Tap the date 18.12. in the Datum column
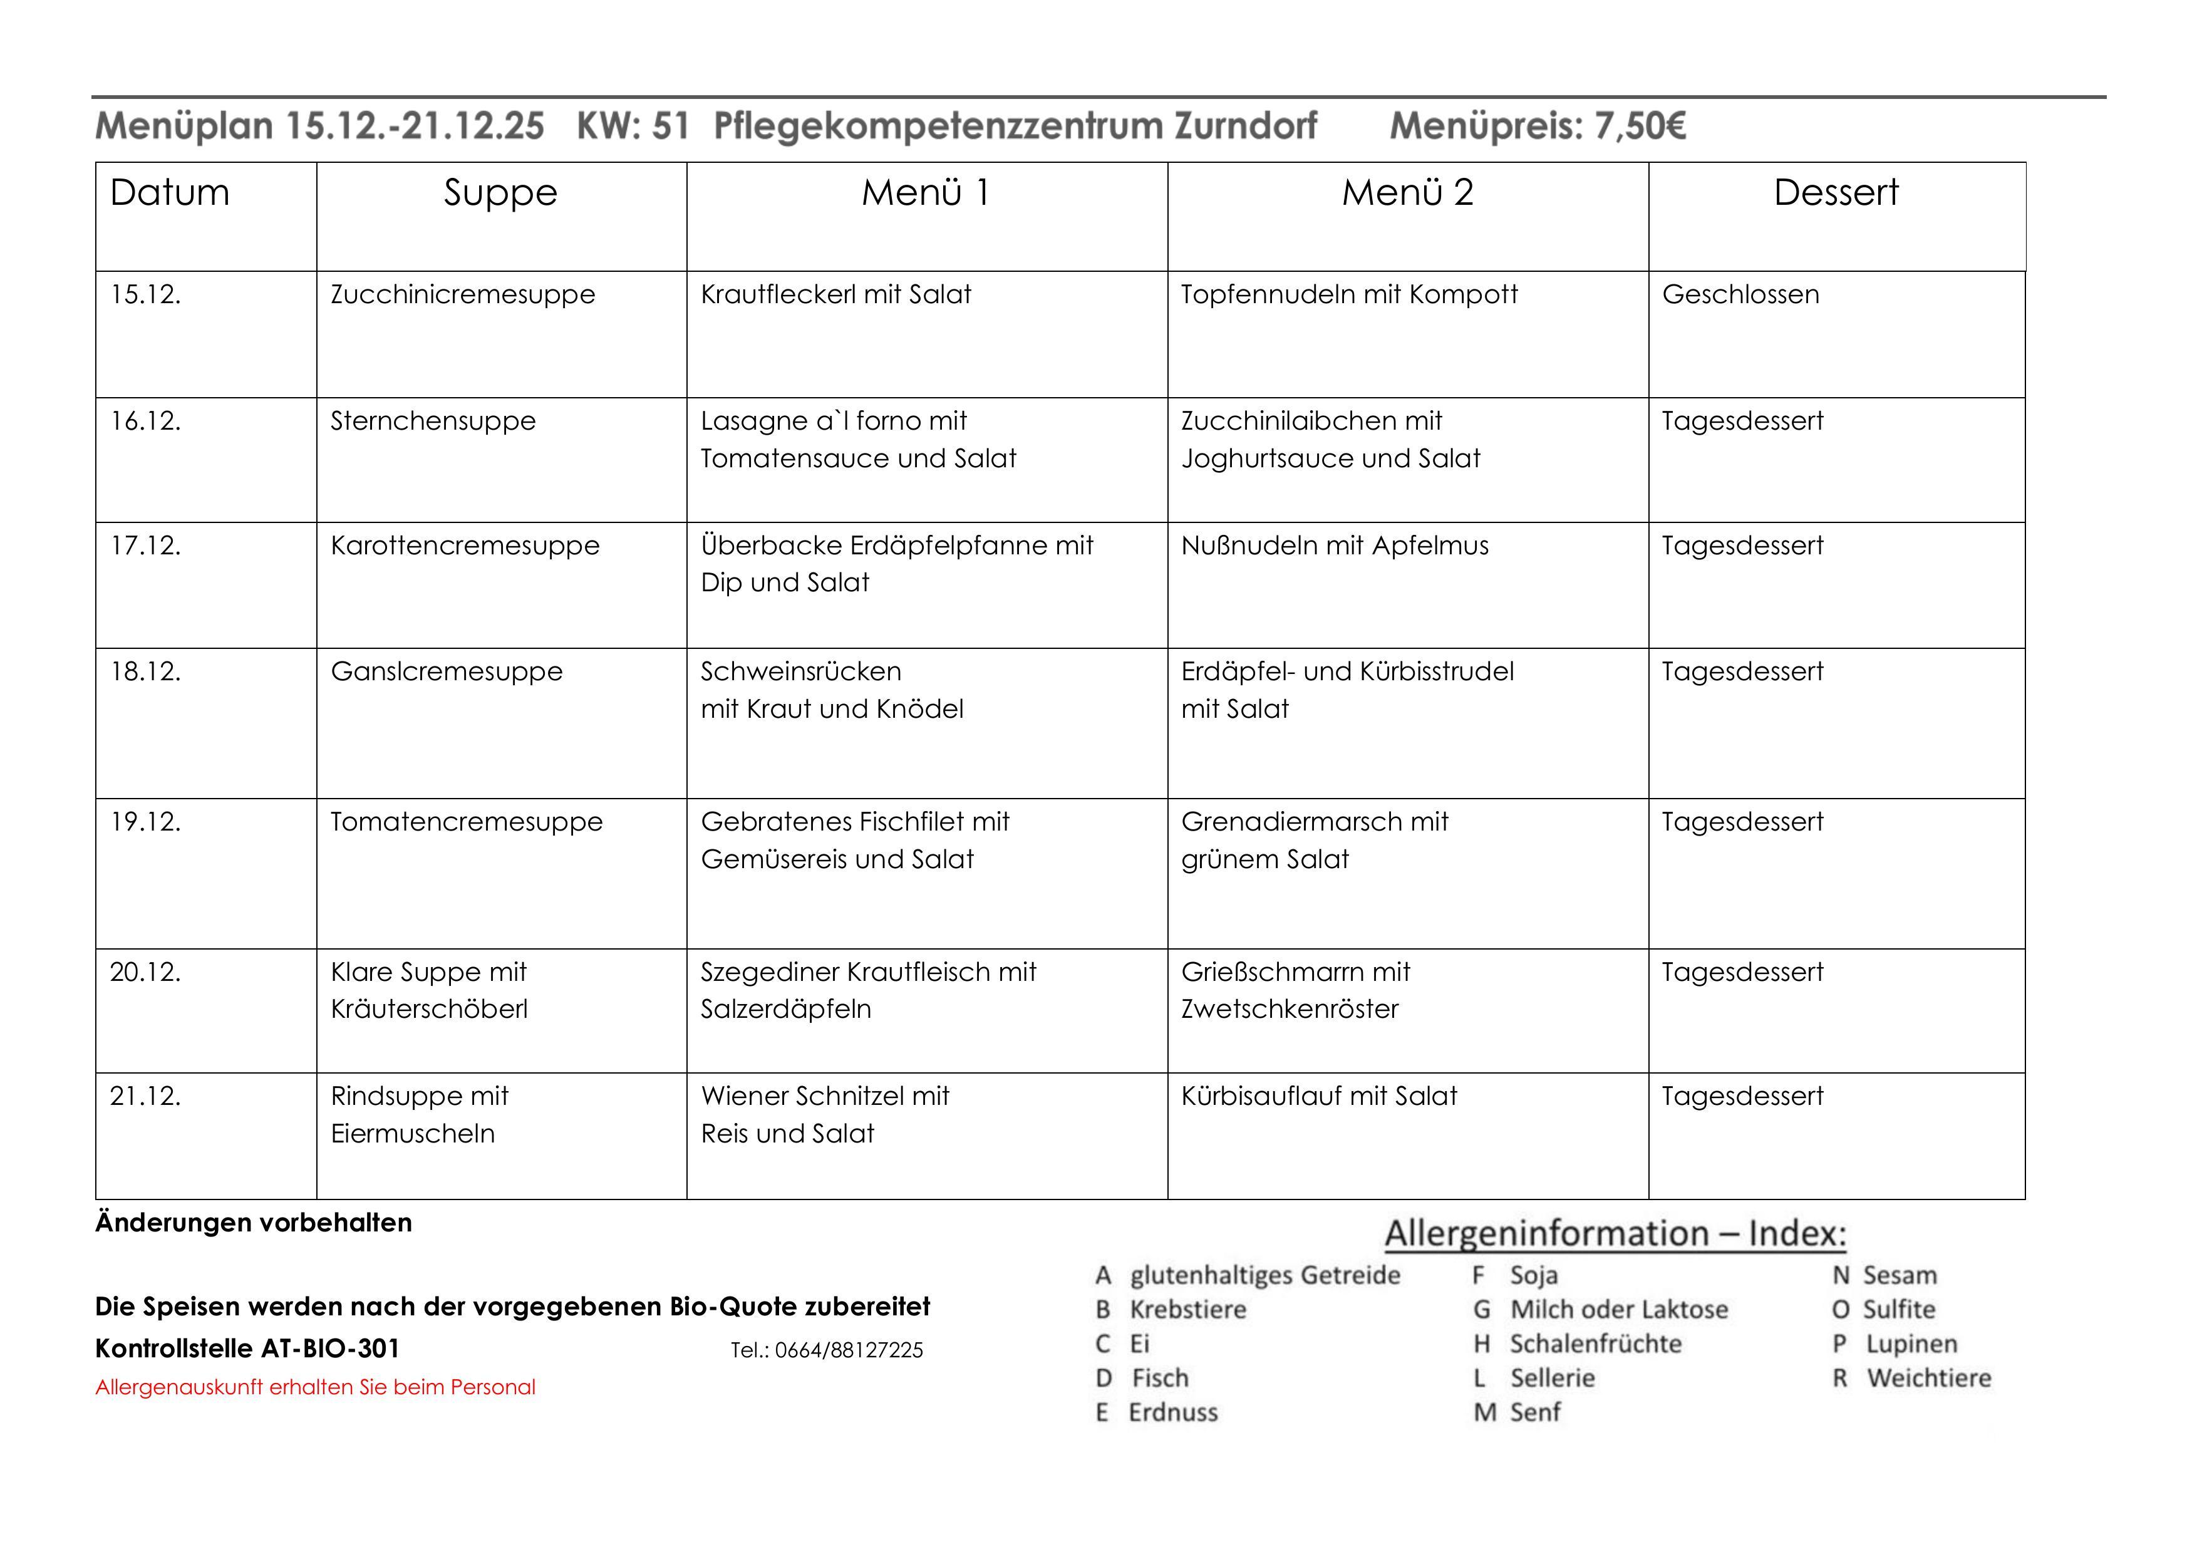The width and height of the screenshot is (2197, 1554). click(145, 671)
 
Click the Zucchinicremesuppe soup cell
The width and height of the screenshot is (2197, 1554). click(462, 295)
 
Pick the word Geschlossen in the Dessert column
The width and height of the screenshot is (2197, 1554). click(1740, 295)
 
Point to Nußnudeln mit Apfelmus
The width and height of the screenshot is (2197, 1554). click(1335, 546)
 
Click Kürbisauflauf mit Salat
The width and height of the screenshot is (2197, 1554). click(1318, 1097)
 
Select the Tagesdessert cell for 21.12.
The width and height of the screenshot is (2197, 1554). click(1742, 1097)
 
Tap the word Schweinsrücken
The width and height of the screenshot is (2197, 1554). click(801, 671)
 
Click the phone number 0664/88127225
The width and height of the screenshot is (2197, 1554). click(849, 1350)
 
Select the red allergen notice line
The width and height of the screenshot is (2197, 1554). click(315, 1387)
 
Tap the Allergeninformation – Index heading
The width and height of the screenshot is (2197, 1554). click(1615, 1233)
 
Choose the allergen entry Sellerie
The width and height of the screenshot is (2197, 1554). click(1552, 1378)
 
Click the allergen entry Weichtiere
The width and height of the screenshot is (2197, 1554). click(1928, 1378)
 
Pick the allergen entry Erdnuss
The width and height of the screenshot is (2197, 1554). click(1172, 1412)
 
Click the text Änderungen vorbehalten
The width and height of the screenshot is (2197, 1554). click(254, 1223)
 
